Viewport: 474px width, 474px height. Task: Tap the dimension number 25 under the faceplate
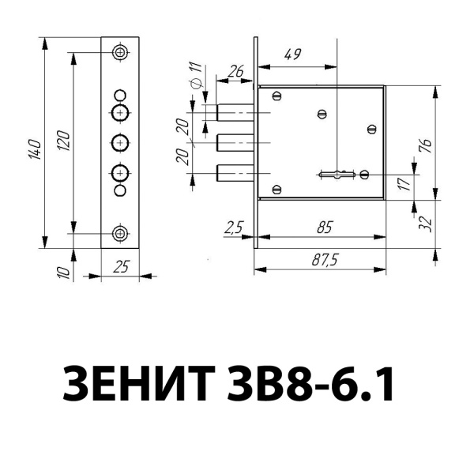[121, 267]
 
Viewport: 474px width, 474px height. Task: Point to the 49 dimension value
[292, 55]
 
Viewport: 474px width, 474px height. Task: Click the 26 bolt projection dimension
[235, 72]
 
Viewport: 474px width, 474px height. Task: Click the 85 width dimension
[322, 228]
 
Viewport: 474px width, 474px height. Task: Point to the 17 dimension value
[404, 184]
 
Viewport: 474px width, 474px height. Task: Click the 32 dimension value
[425, 224]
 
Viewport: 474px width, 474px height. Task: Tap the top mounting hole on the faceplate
[120, 53]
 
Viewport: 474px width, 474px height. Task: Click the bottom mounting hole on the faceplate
[120, 233]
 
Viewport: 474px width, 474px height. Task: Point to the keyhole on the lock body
[338, 173]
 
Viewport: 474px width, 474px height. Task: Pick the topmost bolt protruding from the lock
[234, 112]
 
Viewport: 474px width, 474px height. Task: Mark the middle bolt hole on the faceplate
[120, 143]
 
